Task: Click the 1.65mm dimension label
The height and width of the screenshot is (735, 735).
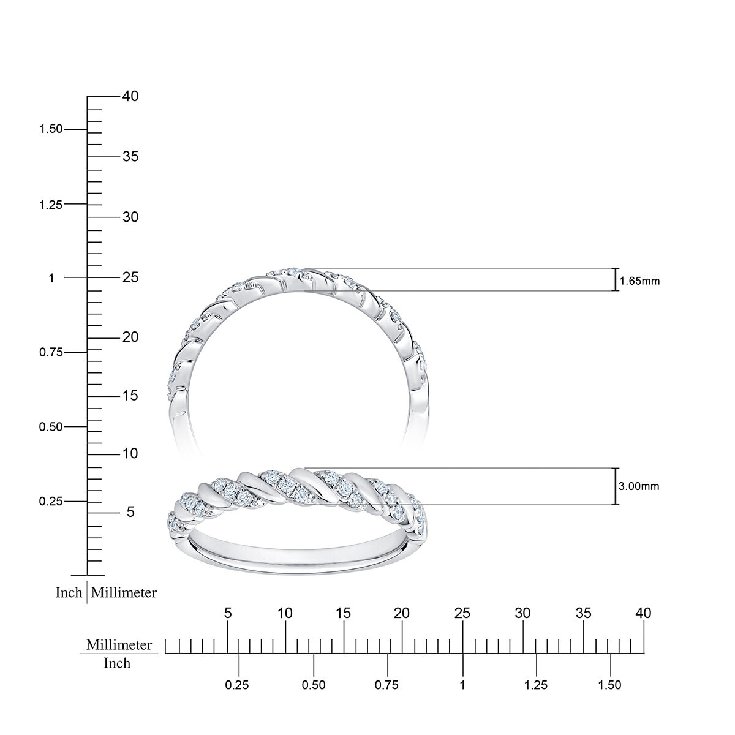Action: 639,281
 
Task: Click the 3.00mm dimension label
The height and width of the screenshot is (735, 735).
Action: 639,486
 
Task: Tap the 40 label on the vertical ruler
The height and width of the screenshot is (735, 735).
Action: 130,96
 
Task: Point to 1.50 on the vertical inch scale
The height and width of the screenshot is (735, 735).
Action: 51,129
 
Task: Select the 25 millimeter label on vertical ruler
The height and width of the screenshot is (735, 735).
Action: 130,277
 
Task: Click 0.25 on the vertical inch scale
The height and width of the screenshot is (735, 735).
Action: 51,501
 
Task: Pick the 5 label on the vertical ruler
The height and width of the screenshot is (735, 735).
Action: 130,511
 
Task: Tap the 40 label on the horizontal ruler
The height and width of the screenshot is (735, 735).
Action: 643,612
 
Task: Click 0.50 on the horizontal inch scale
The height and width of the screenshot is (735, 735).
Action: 314,685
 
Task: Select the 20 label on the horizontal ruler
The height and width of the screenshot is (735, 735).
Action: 402,612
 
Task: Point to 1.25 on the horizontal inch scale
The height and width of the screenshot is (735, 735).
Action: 537,685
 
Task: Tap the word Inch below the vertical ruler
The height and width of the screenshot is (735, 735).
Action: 69,593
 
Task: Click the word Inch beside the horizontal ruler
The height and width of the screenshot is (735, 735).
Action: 116,663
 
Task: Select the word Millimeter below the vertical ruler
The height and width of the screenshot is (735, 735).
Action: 124,593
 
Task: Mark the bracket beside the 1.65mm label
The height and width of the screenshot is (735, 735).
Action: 615,279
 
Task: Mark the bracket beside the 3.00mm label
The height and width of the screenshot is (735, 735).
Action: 615,486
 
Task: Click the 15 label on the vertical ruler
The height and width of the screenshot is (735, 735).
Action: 130,396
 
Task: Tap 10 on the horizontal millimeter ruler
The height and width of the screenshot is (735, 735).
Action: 285,612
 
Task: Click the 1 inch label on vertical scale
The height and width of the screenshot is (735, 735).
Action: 51,277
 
